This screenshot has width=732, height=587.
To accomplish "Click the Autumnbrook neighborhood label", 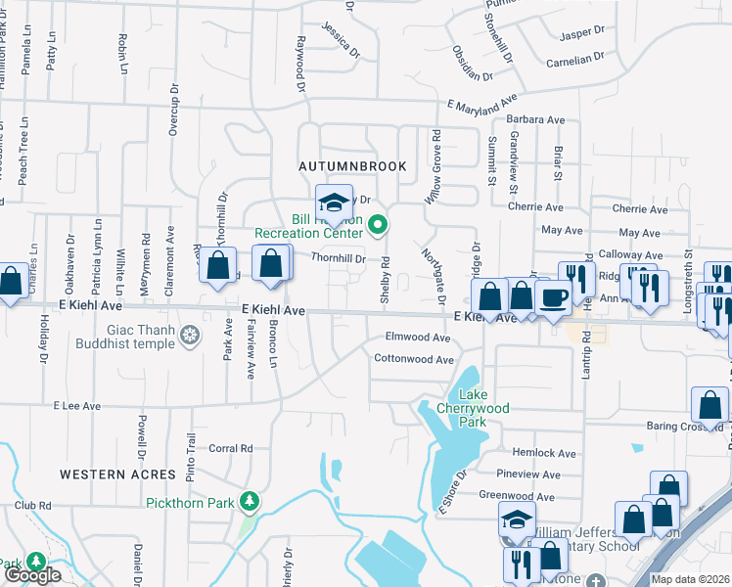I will [351, 166].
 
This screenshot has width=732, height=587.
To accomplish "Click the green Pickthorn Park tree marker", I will [251, 502].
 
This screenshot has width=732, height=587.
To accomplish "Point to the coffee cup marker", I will [554, 296].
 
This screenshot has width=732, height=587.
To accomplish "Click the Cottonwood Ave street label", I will [414, 359].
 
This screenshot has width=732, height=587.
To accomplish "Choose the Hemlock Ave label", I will [544, 453].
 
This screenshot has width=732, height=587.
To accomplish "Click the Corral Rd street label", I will [232, 448].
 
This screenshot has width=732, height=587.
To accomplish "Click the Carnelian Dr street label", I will [577, 60].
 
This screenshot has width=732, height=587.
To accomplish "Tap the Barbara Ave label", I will [536, 120].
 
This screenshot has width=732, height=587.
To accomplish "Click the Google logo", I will [31, 575].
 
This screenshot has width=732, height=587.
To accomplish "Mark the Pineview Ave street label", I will [528, 474].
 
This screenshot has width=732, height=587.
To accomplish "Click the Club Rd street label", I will [32, 506].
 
